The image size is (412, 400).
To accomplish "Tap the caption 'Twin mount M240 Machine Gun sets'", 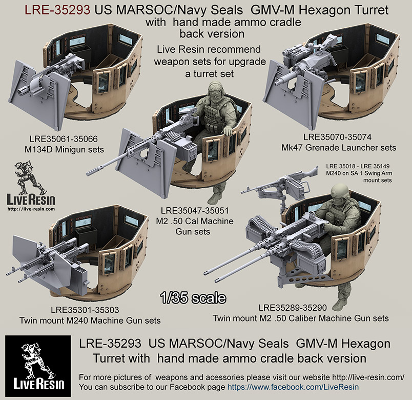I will [x=90, y=321].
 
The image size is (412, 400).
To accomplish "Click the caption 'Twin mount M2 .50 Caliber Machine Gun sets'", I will [x=300, y=318].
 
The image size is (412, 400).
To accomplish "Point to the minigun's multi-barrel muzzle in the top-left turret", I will [x=23, y=92].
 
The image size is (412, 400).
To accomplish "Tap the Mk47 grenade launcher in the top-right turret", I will [x=307, y=69].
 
